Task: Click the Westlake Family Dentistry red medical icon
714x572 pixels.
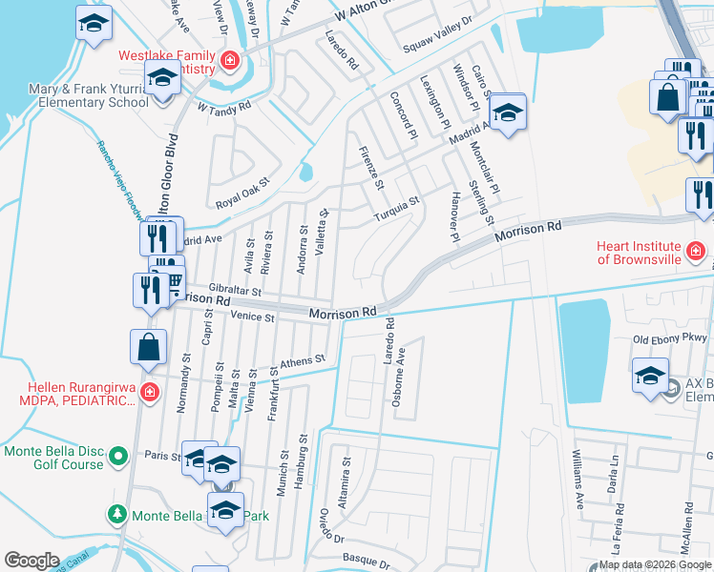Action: tap(229, 63)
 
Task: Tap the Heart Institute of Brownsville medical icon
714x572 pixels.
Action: tap(696, 251)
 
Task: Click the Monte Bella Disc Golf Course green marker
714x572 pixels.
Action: tap(117, 458)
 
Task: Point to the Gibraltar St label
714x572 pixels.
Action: tap(235, 288)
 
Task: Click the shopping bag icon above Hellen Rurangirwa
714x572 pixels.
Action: tap(150, 348)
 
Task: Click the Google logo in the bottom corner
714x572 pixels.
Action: tap(31, 561)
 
